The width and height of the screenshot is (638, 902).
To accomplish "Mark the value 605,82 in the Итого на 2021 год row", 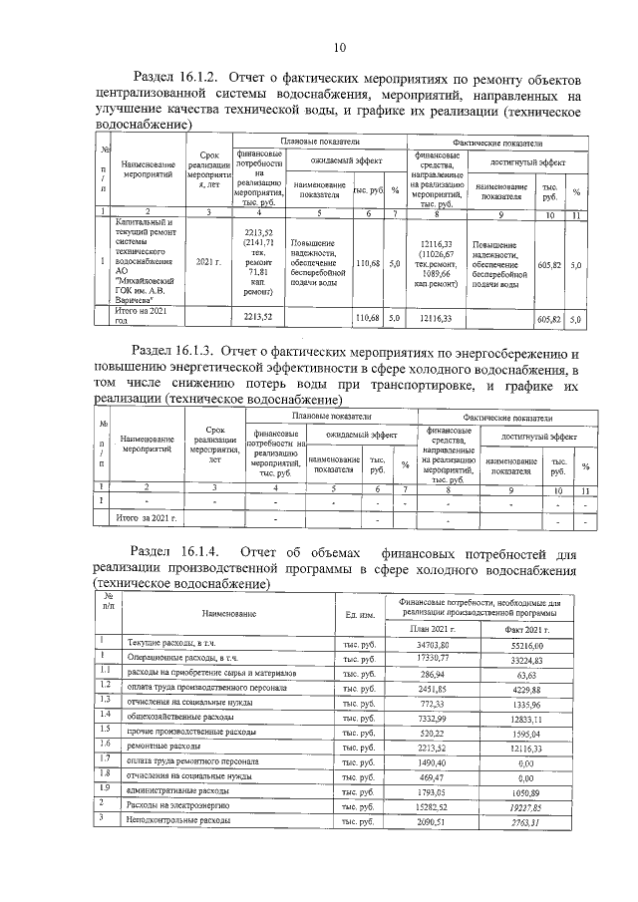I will [549, 318].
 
